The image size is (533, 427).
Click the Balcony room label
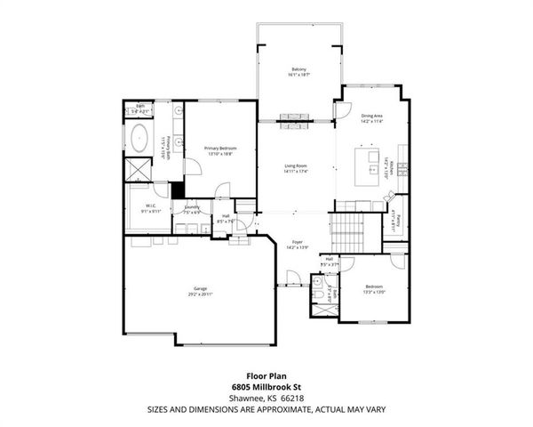tap(299, 69)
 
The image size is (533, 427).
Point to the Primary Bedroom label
tap(219, 148)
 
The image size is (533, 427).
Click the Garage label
tap(200, 289)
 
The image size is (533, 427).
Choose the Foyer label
tap(298, 242)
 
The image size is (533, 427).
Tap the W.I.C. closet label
tap(150, 206)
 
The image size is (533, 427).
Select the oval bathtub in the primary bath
tap(139, 139)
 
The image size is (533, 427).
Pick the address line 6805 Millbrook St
tap(266, 388)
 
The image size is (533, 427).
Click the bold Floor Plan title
tap(266, 376)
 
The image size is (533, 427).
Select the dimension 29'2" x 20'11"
tap(200, 294)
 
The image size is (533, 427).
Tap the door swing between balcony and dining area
tap(340, 111)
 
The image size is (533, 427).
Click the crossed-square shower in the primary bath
tap(138, 169)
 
